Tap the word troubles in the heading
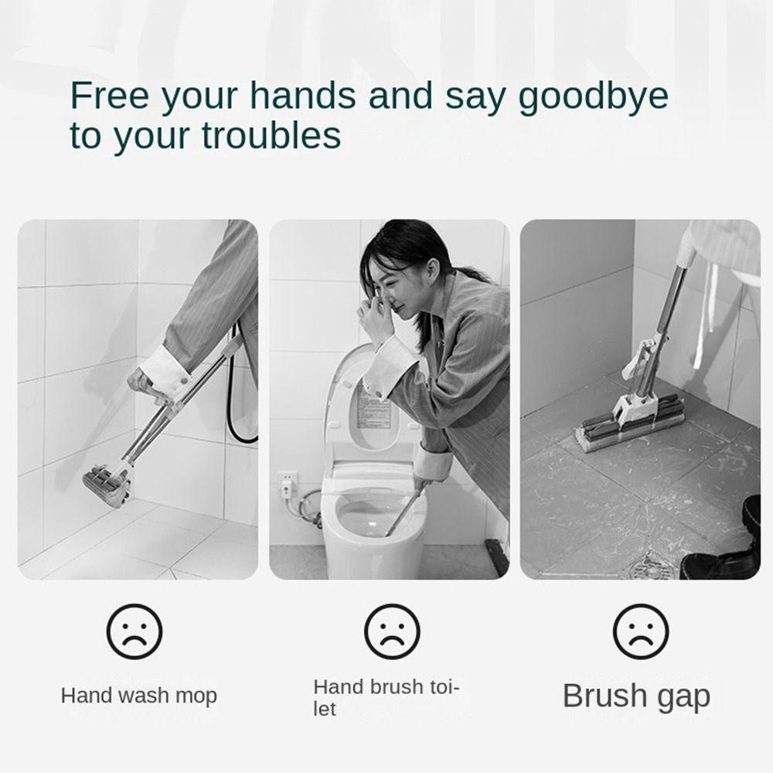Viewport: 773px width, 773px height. tap(272, 136)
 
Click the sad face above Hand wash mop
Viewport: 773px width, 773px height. tap(135, 632)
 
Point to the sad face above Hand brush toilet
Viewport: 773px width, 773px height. tap(392, 632)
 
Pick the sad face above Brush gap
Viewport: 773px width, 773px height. tap(641, 632)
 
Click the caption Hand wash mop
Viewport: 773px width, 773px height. tap(139, 695)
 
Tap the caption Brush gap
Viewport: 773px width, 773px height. tap(635, 696)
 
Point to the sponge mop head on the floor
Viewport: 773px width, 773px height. tap(630, 425)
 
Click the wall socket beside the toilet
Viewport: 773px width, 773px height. tap(288, 483)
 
